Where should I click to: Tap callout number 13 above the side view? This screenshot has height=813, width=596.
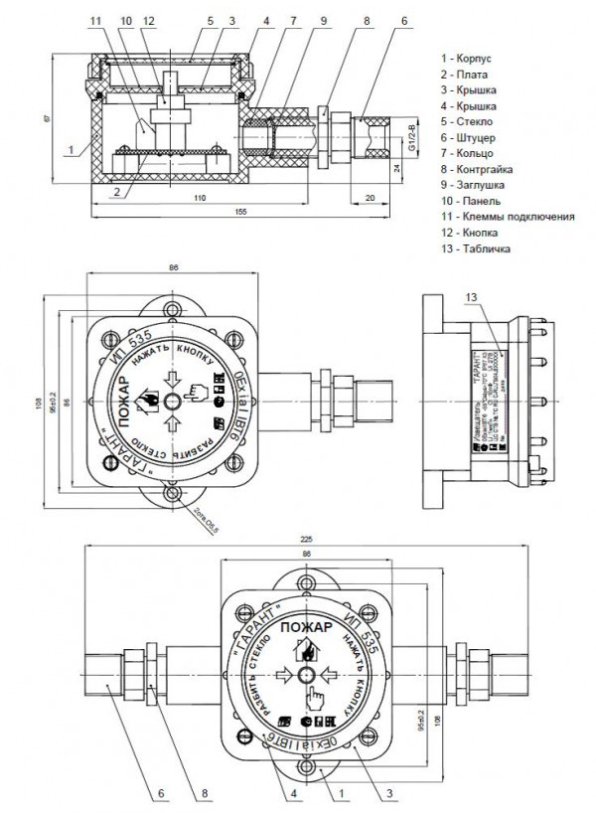471,296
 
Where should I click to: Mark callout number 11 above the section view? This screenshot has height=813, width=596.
94,20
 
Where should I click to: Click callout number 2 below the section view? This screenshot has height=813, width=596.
116,190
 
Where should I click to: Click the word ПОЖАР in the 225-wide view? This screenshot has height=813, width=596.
304,628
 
